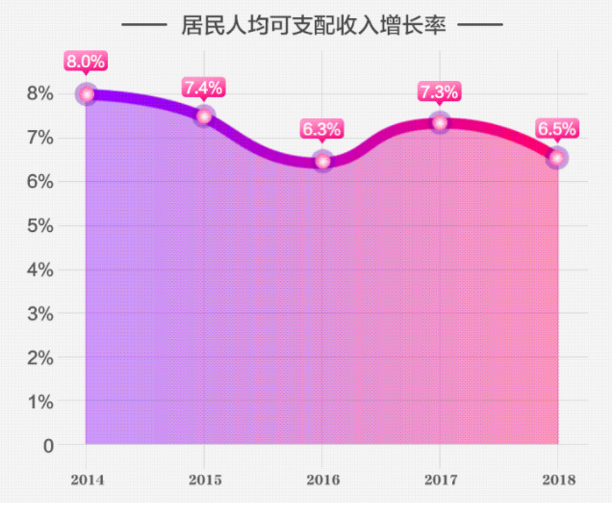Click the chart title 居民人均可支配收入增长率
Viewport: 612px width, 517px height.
coord(313,25)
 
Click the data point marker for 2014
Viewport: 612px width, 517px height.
coord(87,94)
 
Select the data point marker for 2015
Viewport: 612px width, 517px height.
coord(204,116)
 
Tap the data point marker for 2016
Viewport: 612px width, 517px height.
coord(322,161)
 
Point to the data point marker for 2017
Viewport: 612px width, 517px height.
coord(440,123)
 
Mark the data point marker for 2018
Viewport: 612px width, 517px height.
coord(556,158)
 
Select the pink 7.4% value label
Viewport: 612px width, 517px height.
coord(203,88)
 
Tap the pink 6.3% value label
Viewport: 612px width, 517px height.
coord(321,129)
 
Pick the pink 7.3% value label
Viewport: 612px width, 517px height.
coord(439,92)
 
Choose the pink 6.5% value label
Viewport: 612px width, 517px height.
coord(556,128)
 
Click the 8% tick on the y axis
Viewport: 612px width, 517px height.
coord(39,93)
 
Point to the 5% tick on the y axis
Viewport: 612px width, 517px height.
coord(39,225)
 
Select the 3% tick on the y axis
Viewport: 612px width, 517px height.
coord(39,314)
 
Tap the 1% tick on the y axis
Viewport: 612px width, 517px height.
coord(39,401)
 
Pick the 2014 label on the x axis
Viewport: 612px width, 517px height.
coord(87,478)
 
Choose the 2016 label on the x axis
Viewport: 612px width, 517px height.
coord(322,478)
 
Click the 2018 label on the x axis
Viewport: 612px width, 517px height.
coord(558,478)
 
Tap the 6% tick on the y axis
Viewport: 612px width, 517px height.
coord(39,182)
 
